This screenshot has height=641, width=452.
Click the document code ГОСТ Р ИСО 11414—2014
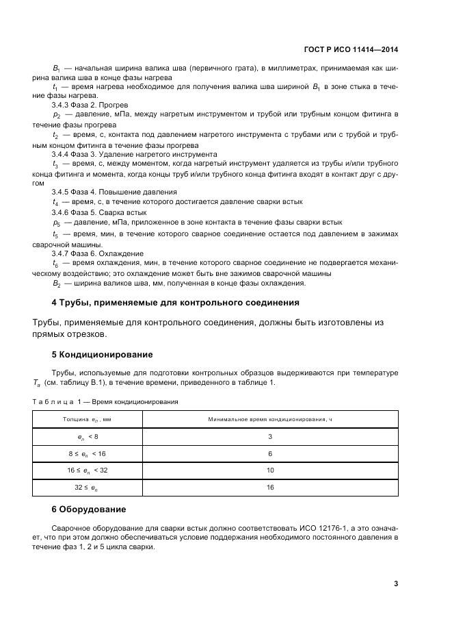351,49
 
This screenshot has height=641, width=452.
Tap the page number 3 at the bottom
396,584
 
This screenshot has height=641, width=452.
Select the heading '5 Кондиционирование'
103,355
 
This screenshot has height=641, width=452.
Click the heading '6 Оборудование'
89,510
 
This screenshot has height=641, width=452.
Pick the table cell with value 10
270,470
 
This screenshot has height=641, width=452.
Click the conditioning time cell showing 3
270,436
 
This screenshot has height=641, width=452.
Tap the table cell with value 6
270,453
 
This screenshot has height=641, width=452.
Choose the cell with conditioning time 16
270,488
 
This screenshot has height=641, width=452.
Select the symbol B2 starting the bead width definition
57,283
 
